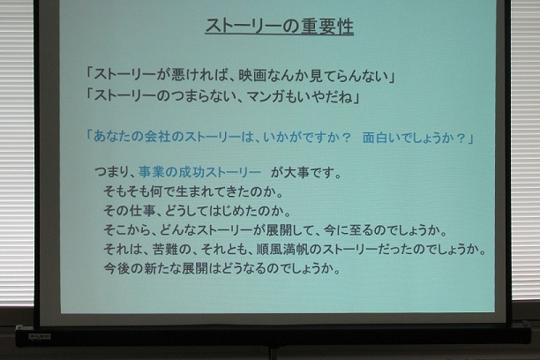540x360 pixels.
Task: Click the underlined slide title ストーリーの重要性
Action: (280, 26)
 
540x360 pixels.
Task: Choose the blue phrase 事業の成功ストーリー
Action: (199, 172)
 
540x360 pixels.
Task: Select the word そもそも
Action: (126, 191)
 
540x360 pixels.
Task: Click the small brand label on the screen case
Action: (40, 335)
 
